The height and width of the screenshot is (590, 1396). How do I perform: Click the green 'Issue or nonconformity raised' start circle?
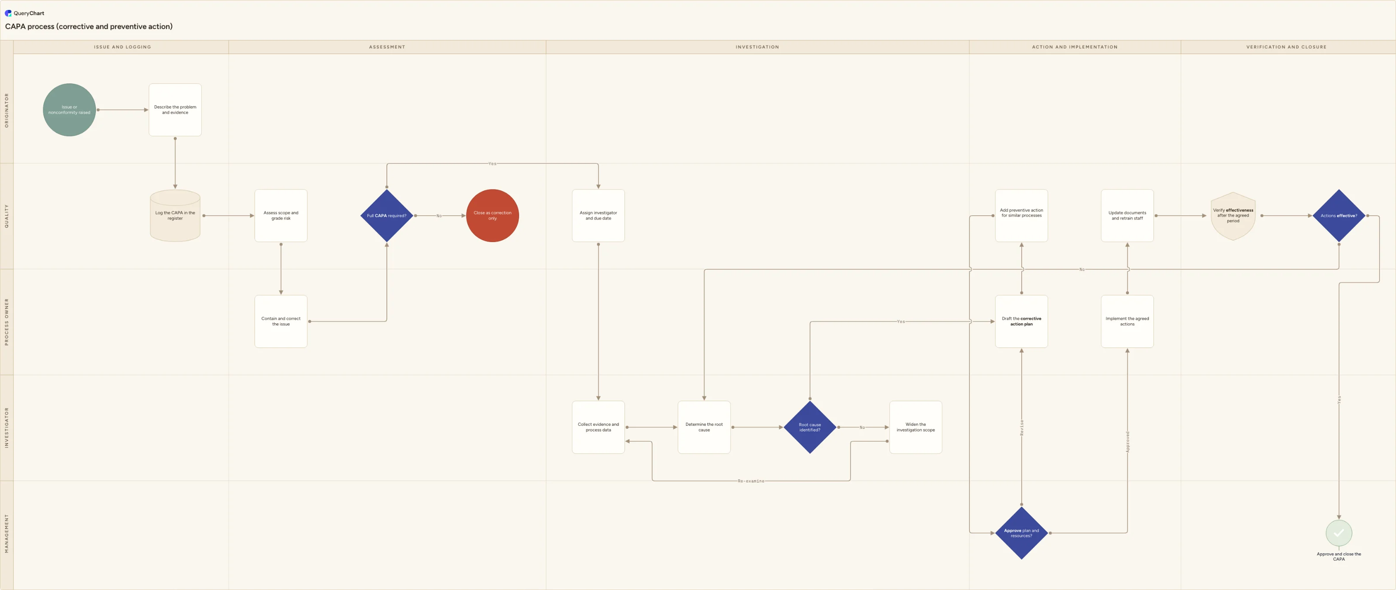point(69,110)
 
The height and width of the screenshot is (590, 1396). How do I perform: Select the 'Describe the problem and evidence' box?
point(175,110)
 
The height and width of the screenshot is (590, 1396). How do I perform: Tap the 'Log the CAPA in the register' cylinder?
point(175,216)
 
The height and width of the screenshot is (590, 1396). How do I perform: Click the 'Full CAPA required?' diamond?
point(386,216)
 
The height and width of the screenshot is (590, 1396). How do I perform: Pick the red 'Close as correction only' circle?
point(493,216)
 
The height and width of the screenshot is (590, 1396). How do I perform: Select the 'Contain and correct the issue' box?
point(281,321)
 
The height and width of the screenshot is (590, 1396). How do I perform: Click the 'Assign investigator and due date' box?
point(598,216)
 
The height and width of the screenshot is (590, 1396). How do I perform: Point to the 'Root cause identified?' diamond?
point(810,427)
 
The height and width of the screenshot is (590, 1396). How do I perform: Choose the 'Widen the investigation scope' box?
point(916,427)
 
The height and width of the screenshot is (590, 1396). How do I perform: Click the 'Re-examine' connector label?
point(751,481)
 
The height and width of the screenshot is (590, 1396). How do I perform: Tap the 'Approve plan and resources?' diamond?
point(1022,533)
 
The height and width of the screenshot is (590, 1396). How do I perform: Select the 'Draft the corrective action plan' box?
point(1022,321)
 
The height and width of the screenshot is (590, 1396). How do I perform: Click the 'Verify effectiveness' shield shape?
point(1233,216)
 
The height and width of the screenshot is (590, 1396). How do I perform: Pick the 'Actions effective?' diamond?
point(1339,216)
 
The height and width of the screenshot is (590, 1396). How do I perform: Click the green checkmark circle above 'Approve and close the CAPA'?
point(1339,533)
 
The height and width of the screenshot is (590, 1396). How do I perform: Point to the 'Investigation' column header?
point(757,47)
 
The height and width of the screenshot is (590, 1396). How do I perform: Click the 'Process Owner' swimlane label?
point(6,322)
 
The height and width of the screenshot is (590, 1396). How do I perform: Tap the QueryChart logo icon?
point(8,13)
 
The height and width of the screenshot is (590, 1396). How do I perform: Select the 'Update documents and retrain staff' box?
point(1127,216)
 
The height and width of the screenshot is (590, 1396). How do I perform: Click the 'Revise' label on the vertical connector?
point(1022,428)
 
